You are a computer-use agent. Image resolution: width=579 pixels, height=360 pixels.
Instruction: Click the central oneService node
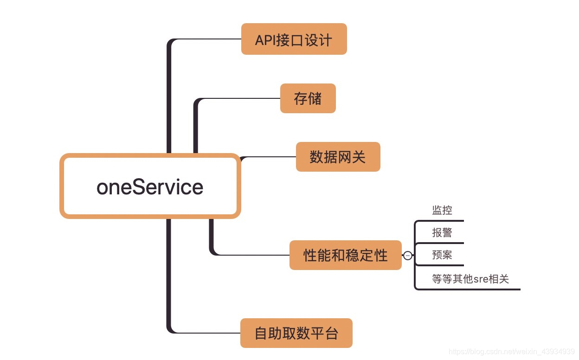tap(150, 186)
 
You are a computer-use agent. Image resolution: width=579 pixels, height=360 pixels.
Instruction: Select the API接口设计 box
tap(294, 39)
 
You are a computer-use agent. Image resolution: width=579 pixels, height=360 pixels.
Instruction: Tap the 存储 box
tap(308, 98)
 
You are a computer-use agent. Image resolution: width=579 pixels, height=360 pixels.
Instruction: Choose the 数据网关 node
tap(338, 157)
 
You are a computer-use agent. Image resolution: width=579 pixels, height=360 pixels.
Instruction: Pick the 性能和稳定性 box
tap(345, 255)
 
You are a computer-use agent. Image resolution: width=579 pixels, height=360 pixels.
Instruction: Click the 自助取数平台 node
tap(296, 333)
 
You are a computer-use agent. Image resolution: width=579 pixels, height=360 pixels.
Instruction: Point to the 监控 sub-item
tap(442, 211)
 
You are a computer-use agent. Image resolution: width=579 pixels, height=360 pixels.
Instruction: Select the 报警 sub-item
tap(442, 232)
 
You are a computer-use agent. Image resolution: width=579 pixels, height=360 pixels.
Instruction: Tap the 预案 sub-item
tap(442, 255)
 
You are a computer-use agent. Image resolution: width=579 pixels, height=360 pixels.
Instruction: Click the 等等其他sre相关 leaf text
tap(470, 279)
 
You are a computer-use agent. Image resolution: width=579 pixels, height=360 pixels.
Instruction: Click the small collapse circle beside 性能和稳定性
tap(407, 256)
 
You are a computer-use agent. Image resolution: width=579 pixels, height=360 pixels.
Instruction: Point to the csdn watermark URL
tap(512, 352)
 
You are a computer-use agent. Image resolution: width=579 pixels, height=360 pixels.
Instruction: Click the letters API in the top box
tap(265, 40)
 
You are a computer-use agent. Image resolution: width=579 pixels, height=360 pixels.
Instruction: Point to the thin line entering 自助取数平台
tap(209, 333)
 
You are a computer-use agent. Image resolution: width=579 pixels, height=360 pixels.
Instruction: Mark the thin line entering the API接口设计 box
tap(209, 39)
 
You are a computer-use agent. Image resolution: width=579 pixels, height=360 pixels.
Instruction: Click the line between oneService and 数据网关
tap(269, 157)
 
